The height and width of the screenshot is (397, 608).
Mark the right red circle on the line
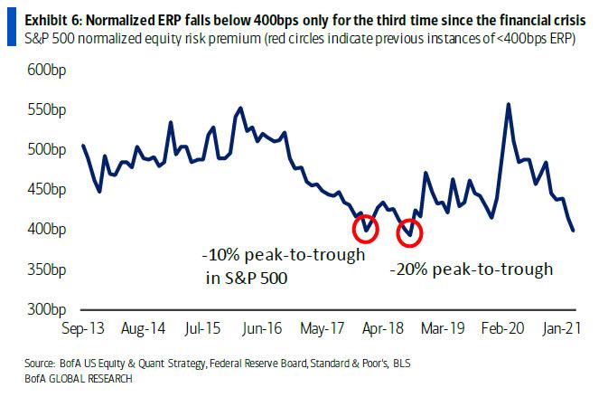[x=410, y=232]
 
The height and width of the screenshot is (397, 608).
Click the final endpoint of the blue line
[x=574, y=231]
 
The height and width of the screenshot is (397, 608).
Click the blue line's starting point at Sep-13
[x=82, y=145]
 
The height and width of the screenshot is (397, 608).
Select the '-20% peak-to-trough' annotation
[x=471, y=269]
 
